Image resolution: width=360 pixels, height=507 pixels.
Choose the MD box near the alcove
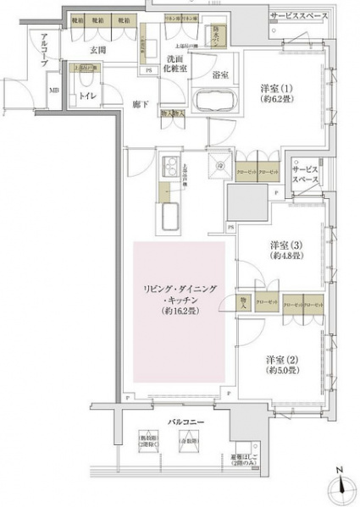point(53,90)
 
